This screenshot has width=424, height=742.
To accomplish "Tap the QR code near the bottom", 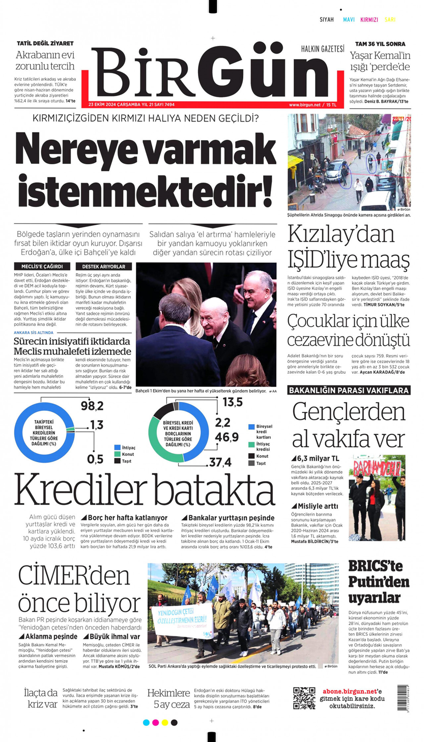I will click(x=304, y=698).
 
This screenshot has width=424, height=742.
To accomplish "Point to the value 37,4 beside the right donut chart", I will click(x=220, y=462).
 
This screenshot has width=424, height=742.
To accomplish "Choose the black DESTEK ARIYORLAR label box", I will click(x=103, y=266).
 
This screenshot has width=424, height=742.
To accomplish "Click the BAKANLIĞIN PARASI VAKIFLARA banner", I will click(x=349, y=391).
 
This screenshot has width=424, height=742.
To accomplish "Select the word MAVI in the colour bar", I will click(x=349, y=20).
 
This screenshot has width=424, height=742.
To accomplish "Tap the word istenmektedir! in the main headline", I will click(x=145, y=187).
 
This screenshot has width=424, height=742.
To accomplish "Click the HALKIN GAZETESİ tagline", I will click(x=322, y=49).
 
